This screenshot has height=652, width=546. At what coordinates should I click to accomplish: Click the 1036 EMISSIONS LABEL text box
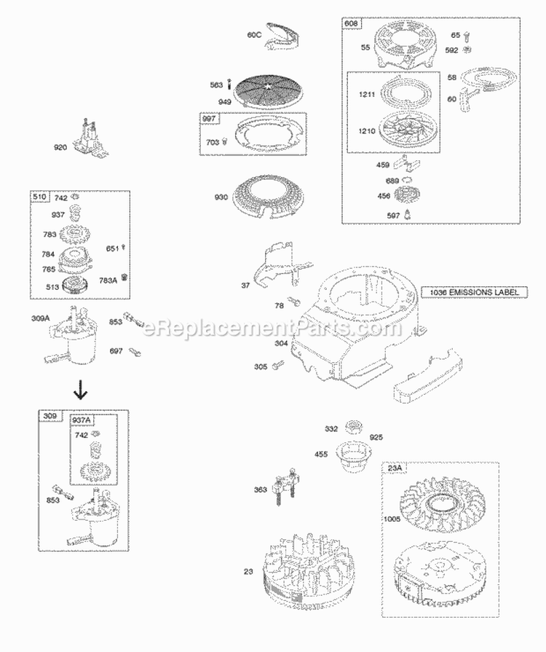[x=473, y=292]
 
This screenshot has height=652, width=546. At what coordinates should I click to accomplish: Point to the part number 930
[x=221, y=198]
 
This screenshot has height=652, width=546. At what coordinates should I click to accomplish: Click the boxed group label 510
[x=39, y=197]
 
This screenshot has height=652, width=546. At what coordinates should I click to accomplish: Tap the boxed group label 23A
[x=395, y=468]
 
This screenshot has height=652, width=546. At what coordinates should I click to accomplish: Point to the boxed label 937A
[x=82, y=420]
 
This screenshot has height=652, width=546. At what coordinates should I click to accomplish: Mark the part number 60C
[x=254, y=34]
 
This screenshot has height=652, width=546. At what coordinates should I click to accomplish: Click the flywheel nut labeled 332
[x=356, y=428]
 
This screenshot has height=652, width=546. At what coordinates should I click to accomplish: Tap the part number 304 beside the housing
[x=281, y=343]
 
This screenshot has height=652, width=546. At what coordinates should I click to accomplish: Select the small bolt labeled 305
[x=276, y=366]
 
